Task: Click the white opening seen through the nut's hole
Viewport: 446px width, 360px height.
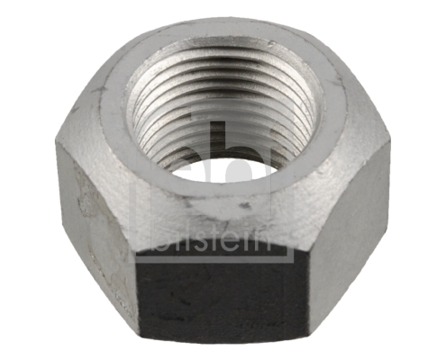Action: (x=225, y=167)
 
